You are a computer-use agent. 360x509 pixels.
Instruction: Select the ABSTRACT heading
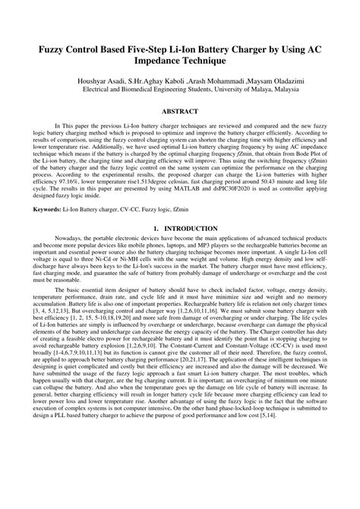[x=180, y=111]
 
